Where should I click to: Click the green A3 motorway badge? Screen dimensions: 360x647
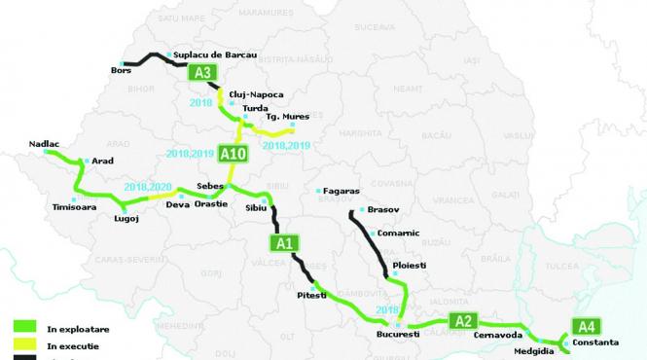(204, 73)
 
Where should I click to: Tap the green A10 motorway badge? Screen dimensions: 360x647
(234, 153)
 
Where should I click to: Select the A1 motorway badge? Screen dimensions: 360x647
(284, 243)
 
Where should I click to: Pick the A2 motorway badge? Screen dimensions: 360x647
(464, 322)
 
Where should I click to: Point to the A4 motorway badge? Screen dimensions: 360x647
(587, 326)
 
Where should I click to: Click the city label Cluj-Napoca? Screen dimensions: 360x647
(255, 94)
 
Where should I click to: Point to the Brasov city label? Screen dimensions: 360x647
(384, 210)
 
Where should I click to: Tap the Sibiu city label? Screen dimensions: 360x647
(257, 208)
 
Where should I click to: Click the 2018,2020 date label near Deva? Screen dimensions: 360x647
(148, 186)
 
